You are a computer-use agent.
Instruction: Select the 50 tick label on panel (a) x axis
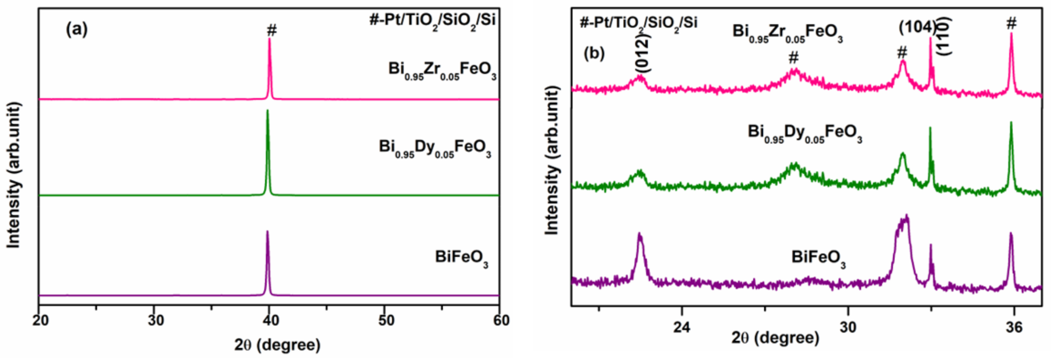coord(386,320)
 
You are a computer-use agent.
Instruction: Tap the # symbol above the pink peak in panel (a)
coord(272,30)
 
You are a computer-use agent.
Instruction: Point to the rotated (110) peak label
coord(943,36)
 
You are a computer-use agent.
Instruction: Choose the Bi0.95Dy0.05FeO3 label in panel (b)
coord(805,134)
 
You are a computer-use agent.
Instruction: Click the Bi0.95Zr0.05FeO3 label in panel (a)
coord(442,70)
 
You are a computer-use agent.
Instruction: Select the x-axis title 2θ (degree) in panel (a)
coord(277,345)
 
